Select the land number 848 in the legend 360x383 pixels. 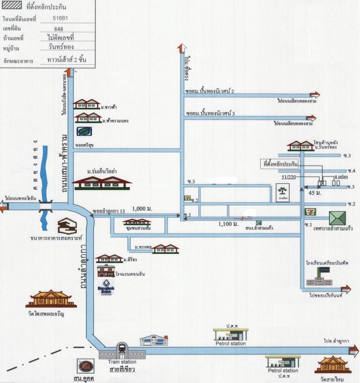tap(59, 28)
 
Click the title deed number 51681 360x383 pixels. tap(60, 18)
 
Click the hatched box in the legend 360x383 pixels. tap(12, 8)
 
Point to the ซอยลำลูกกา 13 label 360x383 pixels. tap(109, 211)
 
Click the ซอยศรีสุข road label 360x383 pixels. tap(85, 145)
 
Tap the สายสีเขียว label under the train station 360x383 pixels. tap(121, 369)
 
